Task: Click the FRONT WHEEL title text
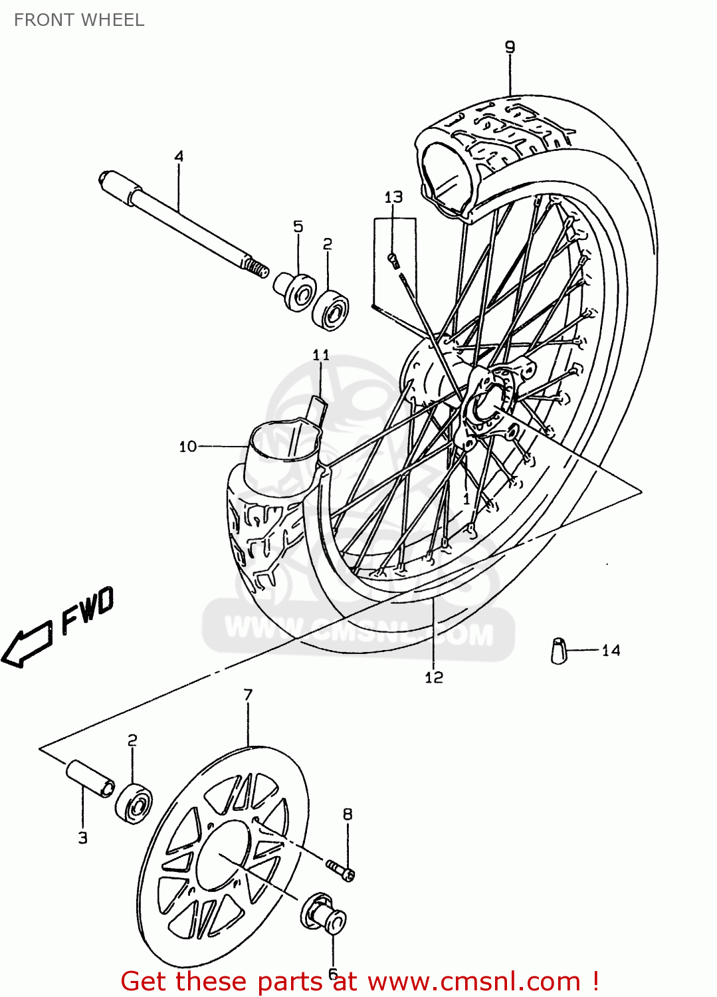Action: point(79,20)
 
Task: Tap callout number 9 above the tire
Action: point(510,47)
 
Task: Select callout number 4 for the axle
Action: point(179,157)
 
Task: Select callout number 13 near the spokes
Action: point(393,197)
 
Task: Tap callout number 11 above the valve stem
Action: point(321,355)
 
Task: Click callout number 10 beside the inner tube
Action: point(188,447)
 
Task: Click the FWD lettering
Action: point(87,609)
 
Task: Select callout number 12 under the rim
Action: point(433,677)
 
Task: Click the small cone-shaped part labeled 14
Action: point(559,651)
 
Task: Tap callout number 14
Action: point(611,651)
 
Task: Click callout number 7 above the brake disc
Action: point(248,695)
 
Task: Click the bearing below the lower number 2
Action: point(134,804)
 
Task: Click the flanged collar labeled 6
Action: point(324,914)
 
